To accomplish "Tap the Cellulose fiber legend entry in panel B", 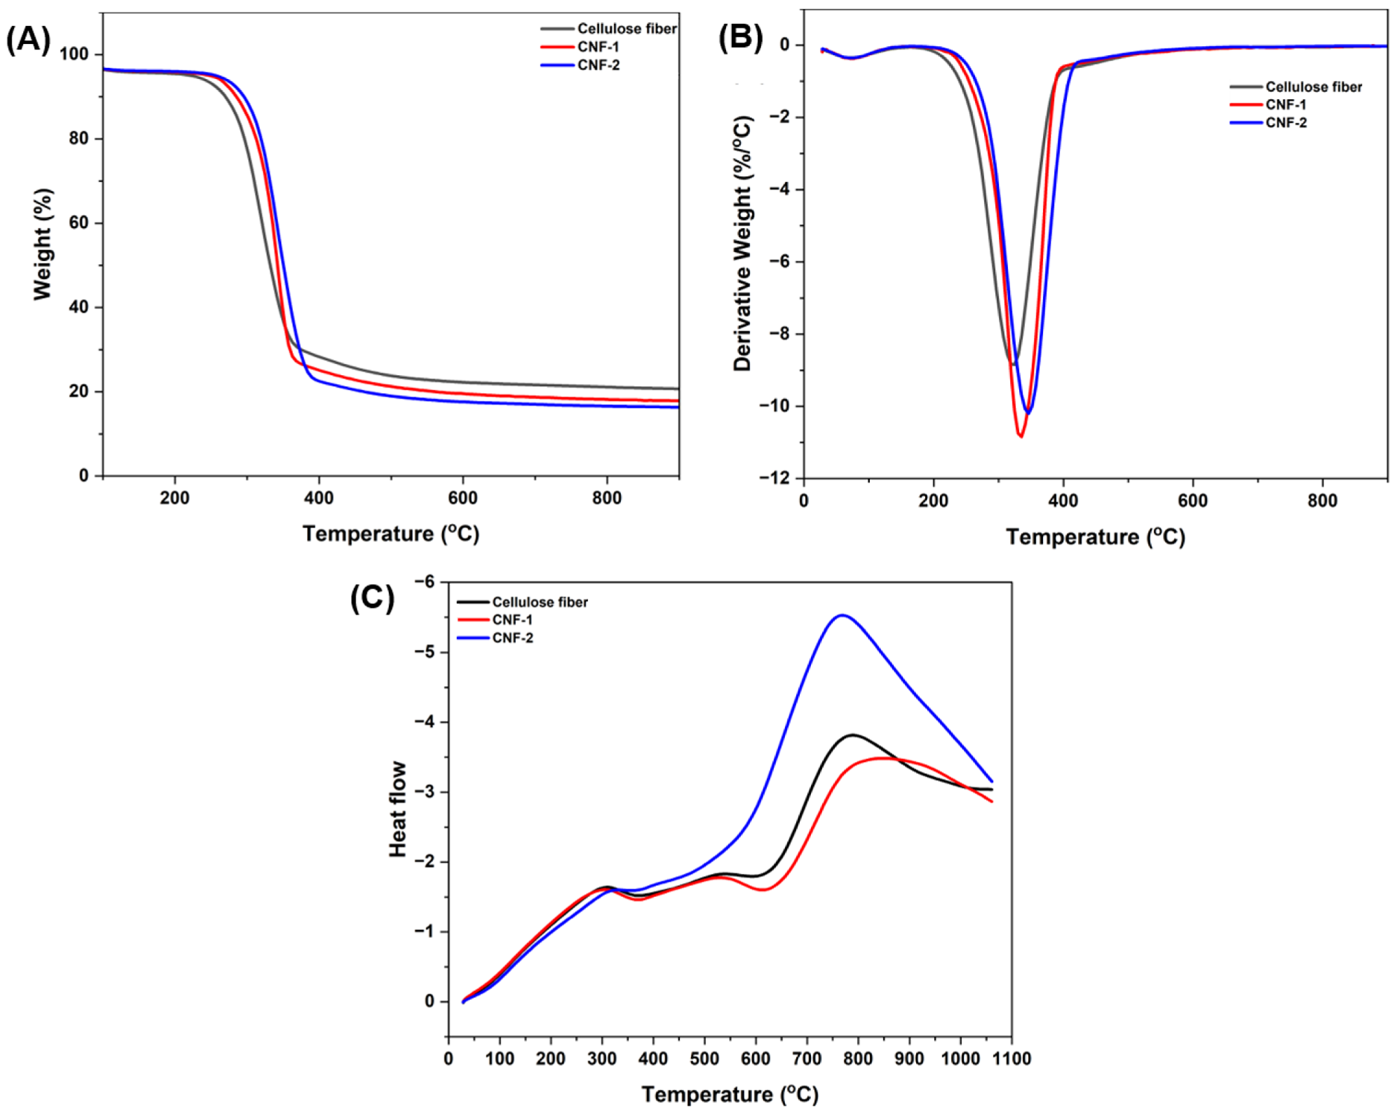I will tap(1313, 87).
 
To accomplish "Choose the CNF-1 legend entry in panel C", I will tap(512, 619).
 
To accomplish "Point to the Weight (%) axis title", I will tap(43, 245).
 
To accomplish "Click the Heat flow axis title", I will tap(398, 809).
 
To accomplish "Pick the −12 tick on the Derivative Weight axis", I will tap(780, 479).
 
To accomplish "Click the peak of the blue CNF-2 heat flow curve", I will tap(842, 615).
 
